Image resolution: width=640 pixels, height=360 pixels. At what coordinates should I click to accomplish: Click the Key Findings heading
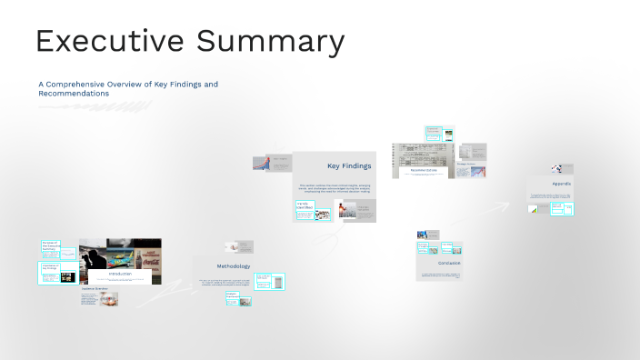[348, 165]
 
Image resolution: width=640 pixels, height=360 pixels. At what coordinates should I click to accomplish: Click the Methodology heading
[233, 266]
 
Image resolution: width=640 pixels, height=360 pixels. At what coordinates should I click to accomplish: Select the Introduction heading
[120, 274]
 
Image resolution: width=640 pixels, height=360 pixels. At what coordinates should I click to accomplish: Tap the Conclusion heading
[449, 263]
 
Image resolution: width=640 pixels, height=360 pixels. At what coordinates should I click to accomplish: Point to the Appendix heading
[562, 184]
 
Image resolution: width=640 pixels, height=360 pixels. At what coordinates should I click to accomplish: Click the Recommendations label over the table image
[424, 170]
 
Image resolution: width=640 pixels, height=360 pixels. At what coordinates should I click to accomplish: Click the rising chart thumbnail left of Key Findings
[259, 163]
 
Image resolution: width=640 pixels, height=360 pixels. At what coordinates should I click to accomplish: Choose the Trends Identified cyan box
[304, 208]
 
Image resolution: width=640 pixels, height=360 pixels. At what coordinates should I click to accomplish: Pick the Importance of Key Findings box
[51, 267]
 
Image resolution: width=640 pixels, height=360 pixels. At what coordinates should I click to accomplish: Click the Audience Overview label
[95, 288]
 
